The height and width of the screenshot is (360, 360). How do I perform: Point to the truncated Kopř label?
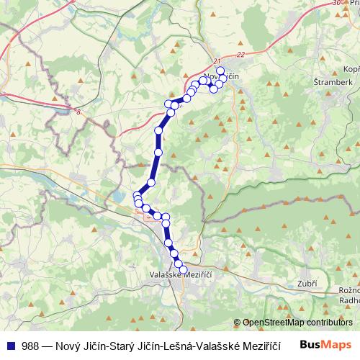tap(351, 68)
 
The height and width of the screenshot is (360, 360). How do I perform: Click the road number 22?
tap(240, 54)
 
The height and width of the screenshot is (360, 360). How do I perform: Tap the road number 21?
tap(218, 61)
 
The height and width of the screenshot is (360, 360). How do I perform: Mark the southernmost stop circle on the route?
tap(183, 269)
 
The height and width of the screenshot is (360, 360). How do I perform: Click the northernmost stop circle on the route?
tap(221, 70)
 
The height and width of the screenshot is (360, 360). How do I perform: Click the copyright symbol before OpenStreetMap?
tap(238, 322)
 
